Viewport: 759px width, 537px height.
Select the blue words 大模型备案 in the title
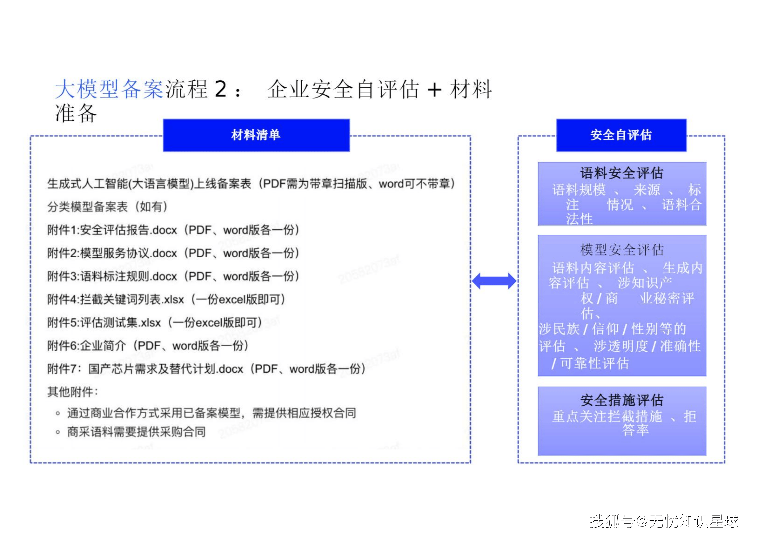(109, 89)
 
